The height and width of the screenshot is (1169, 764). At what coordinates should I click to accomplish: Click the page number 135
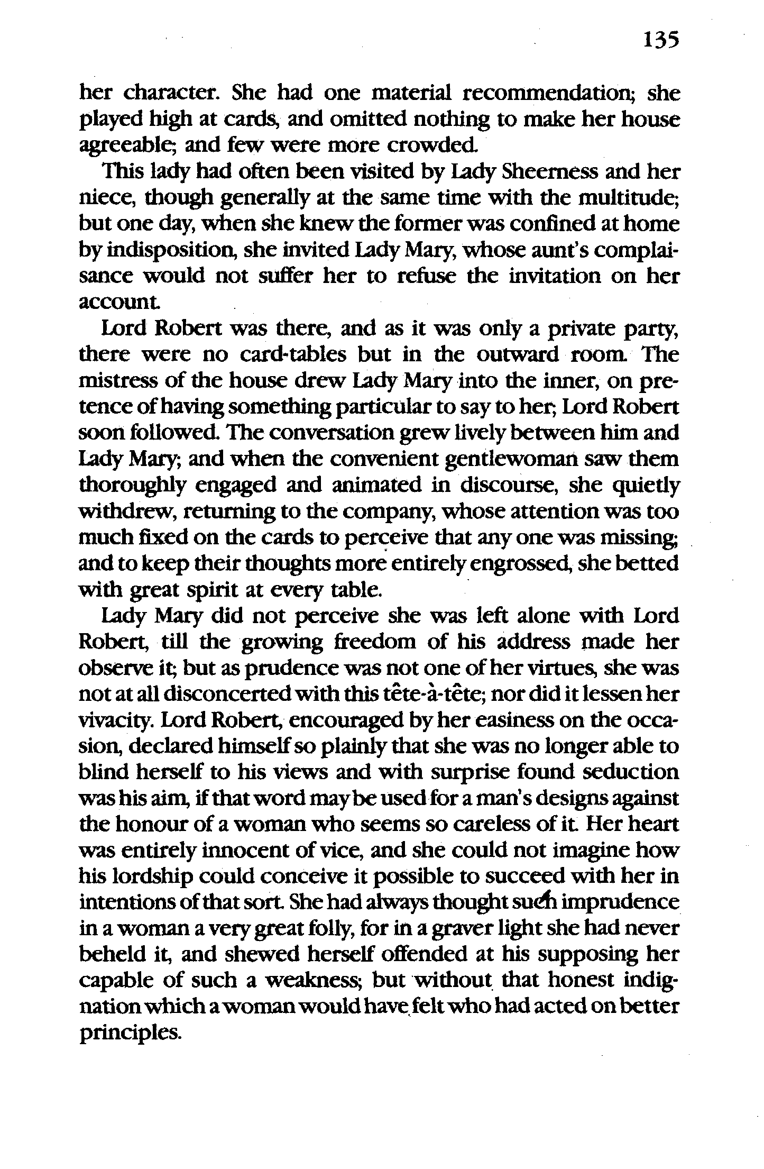coord(660,40)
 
